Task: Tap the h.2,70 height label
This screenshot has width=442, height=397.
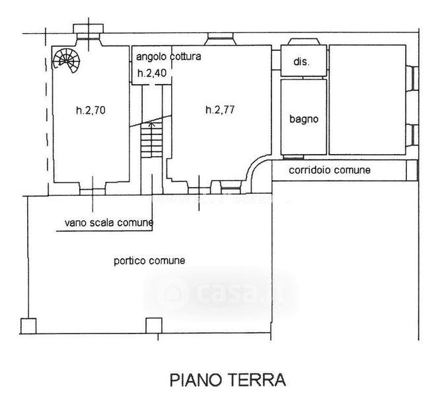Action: [91, 110]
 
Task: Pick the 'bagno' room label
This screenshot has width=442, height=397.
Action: [304, 120]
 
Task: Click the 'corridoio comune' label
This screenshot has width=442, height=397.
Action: [330, 171]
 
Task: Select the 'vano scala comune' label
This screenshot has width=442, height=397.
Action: [109, 223]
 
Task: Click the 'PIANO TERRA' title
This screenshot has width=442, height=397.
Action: [227, 380]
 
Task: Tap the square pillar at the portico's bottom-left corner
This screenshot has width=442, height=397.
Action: [28, 326]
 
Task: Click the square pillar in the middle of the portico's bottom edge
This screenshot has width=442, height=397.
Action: [153, 326]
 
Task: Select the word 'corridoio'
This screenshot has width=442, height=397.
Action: [310, 171]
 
